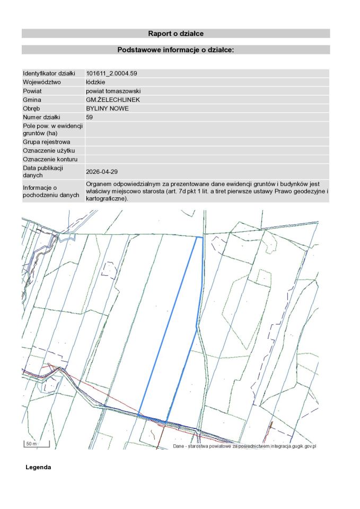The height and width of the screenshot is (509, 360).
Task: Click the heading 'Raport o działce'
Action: (x=175, y=33)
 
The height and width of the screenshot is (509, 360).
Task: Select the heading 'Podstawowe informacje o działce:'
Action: (x=175, y=50)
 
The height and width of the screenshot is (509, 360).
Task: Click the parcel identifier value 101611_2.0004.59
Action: (x=115, y=73)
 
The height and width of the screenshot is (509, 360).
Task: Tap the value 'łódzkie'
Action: (x=95, y=82)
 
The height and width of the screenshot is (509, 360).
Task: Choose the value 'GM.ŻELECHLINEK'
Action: (x=112, y=100)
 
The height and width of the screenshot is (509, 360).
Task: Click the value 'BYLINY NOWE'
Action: (x=107, y=108)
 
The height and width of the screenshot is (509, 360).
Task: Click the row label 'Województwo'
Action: (x=42, y=82)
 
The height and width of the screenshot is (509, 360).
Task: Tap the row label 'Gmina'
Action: (x=32, y=100)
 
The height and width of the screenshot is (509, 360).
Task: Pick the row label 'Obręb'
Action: (x=32, y=108)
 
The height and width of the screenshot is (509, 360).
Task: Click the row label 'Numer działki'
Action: (x=41, y=117)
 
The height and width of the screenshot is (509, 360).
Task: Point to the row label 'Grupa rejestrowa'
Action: (x=46, y=142)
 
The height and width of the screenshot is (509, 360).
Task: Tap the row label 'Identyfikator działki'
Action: (x=49, y=73)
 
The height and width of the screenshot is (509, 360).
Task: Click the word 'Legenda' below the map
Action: (x=38, y=468)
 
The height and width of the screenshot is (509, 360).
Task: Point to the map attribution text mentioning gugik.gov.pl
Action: (x=244, y=446)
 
